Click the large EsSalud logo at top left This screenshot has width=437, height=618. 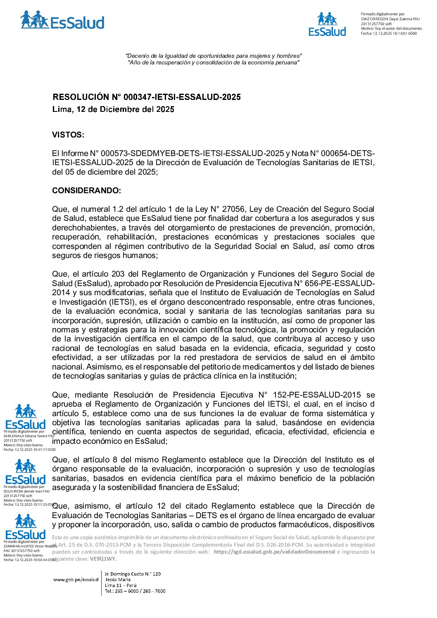coord(62,21)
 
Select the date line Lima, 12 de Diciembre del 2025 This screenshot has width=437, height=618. coord(113,109)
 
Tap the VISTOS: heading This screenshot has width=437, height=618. coord(68,135)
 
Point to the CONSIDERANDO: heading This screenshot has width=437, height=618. coord(87,191)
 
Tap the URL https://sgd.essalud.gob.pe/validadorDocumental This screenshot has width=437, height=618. coord(274,552)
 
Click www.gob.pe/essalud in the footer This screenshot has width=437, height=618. coord(76,580)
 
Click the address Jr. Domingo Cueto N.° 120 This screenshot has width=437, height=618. coord(133,574)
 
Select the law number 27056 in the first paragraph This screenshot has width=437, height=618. coord(234,209)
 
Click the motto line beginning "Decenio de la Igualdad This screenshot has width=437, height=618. coord(214,56)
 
